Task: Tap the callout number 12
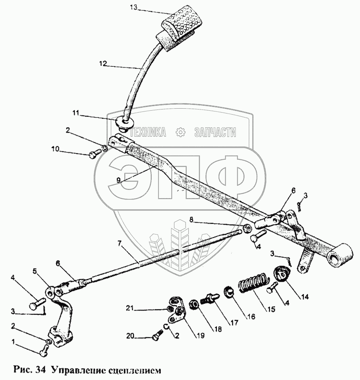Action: point(103,64)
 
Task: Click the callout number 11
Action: point(76,113)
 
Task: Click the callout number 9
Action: point(118,180)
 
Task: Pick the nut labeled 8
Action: point(246,228)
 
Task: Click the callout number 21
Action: point(130,308)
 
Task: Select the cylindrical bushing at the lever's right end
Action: point(340,256)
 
